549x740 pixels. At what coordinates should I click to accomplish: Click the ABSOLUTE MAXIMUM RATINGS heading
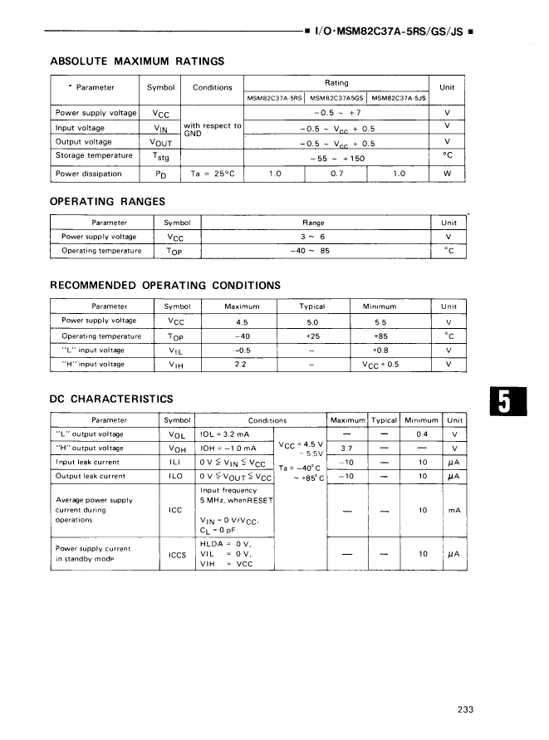click(137, 61)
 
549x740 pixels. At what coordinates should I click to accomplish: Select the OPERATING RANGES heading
click(108, 201)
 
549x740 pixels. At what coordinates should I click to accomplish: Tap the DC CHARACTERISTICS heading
click(111, 399)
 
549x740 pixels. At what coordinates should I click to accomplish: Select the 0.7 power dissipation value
click(336, 174)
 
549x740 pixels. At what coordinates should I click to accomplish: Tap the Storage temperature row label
click(94, 155)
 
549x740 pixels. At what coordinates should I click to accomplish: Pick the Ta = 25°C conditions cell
click(213, 174)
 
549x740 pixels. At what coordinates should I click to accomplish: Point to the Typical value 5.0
click(313, 321)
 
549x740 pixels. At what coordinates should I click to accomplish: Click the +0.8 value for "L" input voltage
click(381, 350)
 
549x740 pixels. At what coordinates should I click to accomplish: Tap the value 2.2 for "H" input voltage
click(242, 364)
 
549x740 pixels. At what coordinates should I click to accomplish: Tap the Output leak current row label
click(90, 476)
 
